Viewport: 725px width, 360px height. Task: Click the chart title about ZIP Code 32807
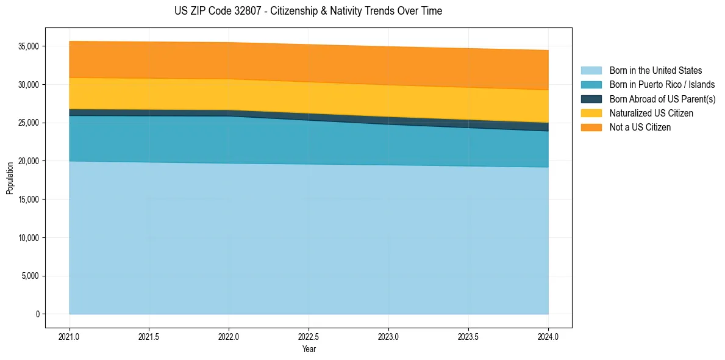308,11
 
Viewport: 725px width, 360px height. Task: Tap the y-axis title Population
10,178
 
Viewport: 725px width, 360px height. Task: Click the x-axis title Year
309,350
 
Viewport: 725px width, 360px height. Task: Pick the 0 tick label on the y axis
37,314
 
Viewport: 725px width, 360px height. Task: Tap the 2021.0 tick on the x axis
70,336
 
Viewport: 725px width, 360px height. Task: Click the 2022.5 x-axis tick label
309,336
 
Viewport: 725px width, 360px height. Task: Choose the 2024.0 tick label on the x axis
548,336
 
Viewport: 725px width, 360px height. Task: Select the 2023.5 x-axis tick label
468,336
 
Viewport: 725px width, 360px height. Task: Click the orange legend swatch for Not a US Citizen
591,128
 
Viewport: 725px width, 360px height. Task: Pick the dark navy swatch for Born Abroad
591,99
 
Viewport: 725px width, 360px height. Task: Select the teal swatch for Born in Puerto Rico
591,85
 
